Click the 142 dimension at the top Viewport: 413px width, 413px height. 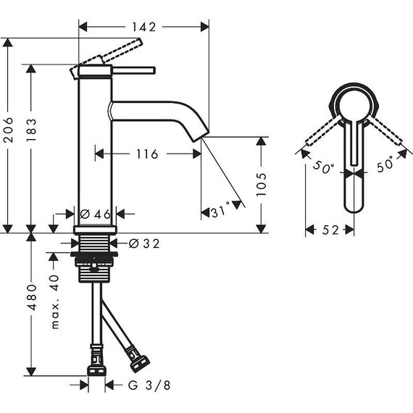pos(143,26)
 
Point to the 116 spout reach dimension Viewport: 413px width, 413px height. pos(147,154)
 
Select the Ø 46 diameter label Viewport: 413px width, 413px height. pos(96,214)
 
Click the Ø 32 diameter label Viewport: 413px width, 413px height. pos(143,243)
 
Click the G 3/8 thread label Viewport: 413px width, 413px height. pos(154,385)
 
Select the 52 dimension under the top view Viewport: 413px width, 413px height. pos(330,230)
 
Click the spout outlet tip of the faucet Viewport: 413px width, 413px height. pos(201,136)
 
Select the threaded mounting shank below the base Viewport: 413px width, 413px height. pos(95,257)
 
